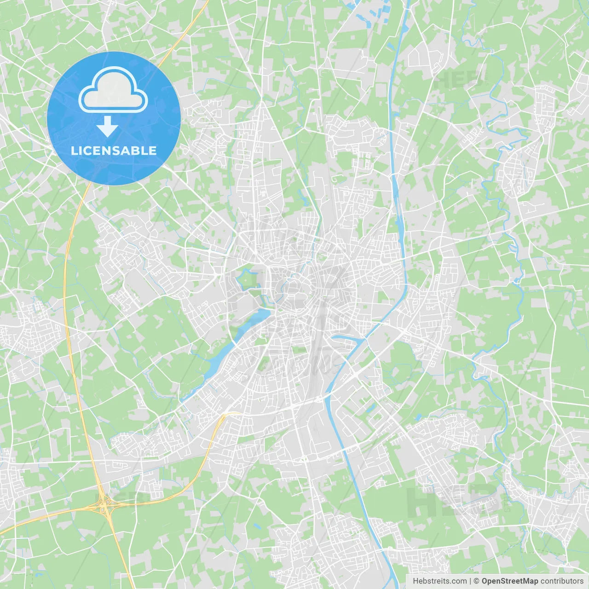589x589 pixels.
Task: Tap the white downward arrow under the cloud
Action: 107,127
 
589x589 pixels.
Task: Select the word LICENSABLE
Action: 113,150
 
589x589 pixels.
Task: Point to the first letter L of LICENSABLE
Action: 74,150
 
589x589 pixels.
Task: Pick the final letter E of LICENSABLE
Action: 152,150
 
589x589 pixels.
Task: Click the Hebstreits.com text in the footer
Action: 439,581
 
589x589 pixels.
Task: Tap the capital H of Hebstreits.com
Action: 416,581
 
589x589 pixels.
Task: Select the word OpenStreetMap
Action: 509,581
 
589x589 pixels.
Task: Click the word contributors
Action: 561,581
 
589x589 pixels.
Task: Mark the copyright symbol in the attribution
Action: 477,581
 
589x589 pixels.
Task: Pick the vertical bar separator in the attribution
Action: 470,581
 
